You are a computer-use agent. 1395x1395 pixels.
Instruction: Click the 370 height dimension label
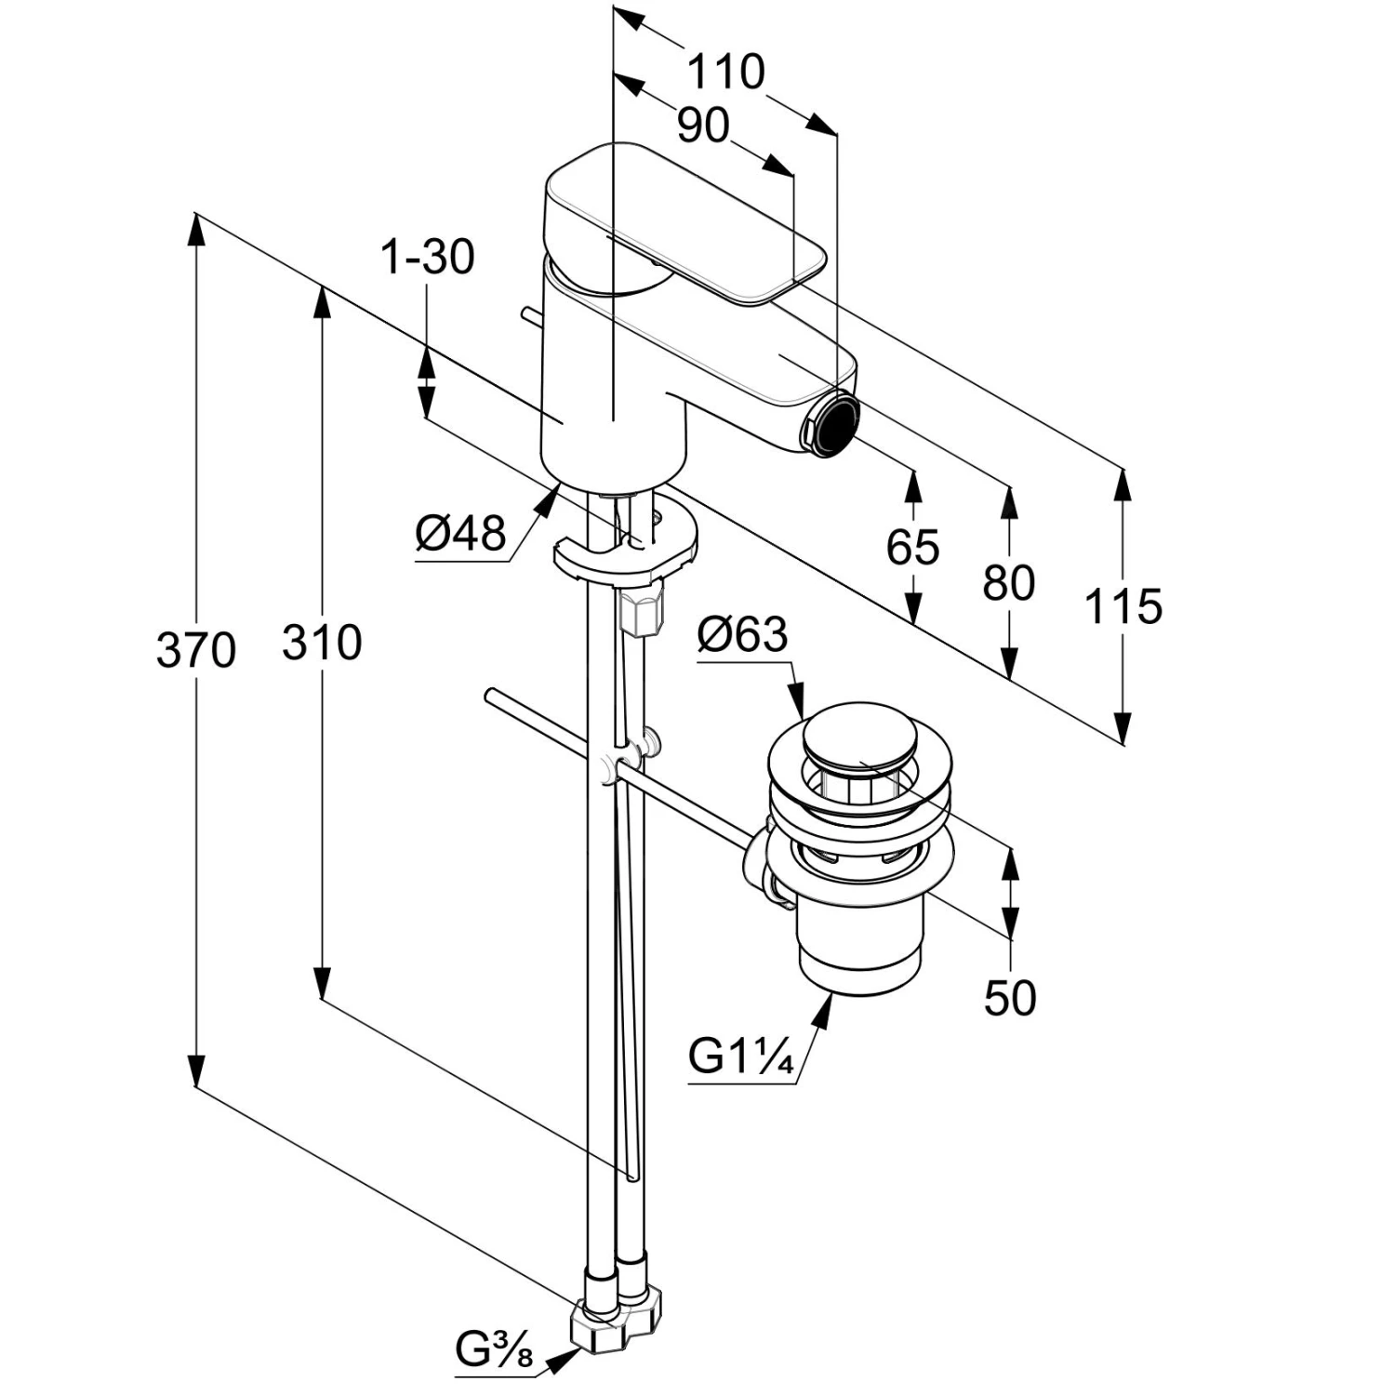click(195, 649)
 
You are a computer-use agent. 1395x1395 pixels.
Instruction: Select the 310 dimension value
click(322, 642)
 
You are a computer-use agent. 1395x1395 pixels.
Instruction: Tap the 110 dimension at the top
click(725, 72)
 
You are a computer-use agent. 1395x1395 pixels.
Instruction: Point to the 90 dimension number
click(703, 126)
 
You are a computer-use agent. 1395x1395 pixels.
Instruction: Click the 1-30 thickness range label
click(428, 258)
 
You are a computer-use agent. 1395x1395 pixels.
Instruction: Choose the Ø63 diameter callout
click(742, 635)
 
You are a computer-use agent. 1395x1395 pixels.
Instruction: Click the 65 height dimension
click(912, 547)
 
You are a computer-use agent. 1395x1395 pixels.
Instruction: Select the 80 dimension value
click(1009, 583)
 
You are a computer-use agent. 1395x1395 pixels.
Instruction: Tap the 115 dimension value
click(1123, 606)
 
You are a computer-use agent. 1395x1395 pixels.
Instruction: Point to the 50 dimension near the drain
click(1009, 998)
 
